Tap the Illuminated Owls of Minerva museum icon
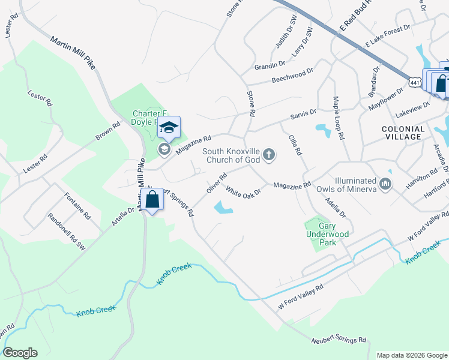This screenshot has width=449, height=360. click(385, 182)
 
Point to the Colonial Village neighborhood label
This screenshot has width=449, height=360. click(403, 133)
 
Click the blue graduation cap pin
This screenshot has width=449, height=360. click(169, 127)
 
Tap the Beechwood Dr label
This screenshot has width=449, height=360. click(292, 75)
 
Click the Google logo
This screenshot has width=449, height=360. click(20, 352)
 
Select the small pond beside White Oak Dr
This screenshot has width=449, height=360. click(223, 208)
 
